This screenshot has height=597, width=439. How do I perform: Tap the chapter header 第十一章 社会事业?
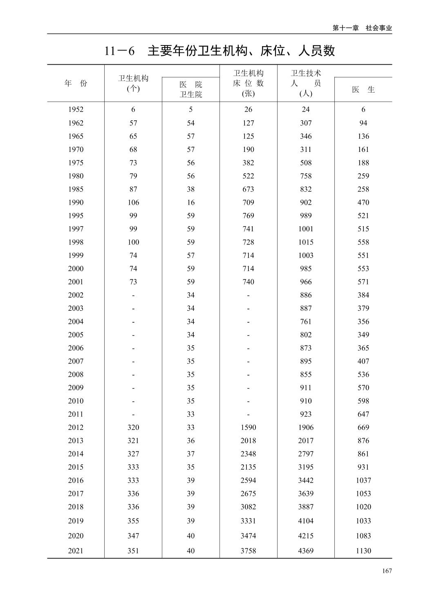(362, 28)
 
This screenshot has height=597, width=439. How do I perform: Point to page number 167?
(387, 571)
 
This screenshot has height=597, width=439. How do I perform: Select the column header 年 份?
(76, 83)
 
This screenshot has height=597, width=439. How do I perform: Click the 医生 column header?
(363, 89)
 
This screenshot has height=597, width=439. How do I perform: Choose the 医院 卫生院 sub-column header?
(190, 89)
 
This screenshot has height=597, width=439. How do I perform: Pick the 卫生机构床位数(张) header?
(248, 83)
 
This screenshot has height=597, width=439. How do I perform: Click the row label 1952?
(76, 109)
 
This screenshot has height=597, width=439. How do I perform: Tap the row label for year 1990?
(76, 202)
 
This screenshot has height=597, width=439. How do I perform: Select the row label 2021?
(76, 551)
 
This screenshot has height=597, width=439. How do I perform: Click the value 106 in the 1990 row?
(133, 202)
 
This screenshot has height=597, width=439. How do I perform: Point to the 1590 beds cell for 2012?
(248, 427)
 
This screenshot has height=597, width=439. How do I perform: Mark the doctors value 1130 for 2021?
(363, 551)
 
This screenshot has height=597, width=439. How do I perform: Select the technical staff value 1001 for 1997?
(306, 229)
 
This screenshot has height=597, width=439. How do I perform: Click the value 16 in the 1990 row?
(190, 202)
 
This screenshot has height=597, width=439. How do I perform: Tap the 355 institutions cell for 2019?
(133, 521)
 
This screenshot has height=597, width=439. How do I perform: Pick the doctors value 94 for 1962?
(363, 123)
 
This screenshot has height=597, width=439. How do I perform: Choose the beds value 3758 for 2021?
(248, 551)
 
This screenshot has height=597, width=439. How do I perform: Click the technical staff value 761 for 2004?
(306, 321)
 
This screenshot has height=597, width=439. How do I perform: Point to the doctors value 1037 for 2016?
(363, 480)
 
